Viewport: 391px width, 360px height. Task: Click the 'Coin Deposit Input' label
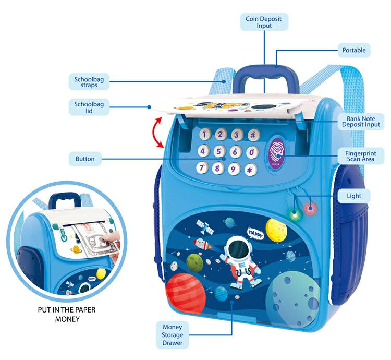pos(264,22)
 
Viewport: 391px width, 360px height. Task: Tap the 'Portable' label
pos(353,51)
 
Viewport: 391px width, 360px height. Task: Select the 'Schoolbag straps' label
pos(86,81)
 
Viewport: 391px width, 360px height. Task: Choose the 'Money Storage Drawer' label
pos(172,334)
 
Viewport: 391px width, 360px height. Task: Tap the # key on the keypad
pos(253,135)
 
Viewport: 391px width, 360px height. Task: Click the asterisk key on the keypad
pos(250,170)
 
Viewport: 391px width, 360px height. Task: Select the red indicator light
pos(311,209)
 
